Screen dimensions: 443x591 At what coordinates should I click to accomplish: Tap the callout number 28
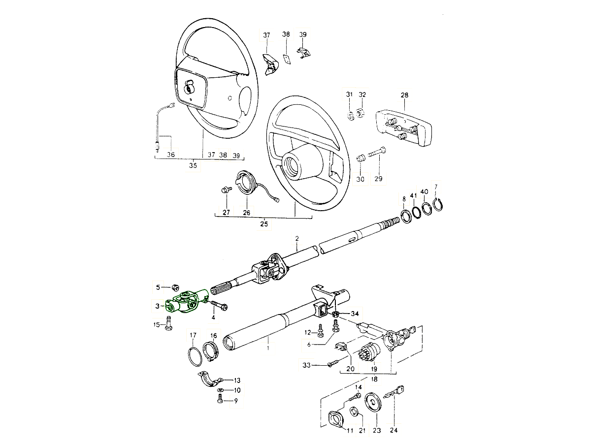click(x=404, y=95)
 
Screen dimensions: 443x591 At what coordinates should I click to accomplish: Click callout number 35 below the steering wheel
click(x=193, y=166)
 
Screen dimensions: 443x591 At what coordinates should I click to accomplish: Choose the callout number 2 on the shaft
click(x=297, y=239)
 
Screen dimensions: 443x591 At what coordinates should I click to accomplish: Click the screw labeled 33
click(x=332, y=365)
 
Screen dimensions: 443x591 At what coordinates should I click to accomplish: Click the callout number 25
click(x=264, y=224)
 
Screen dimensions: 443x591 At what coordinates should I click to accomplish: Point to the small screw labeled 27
click(x=227, y=190)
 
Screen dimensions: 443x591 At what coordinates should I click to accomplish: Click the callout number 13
click(x=237, y=380)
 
